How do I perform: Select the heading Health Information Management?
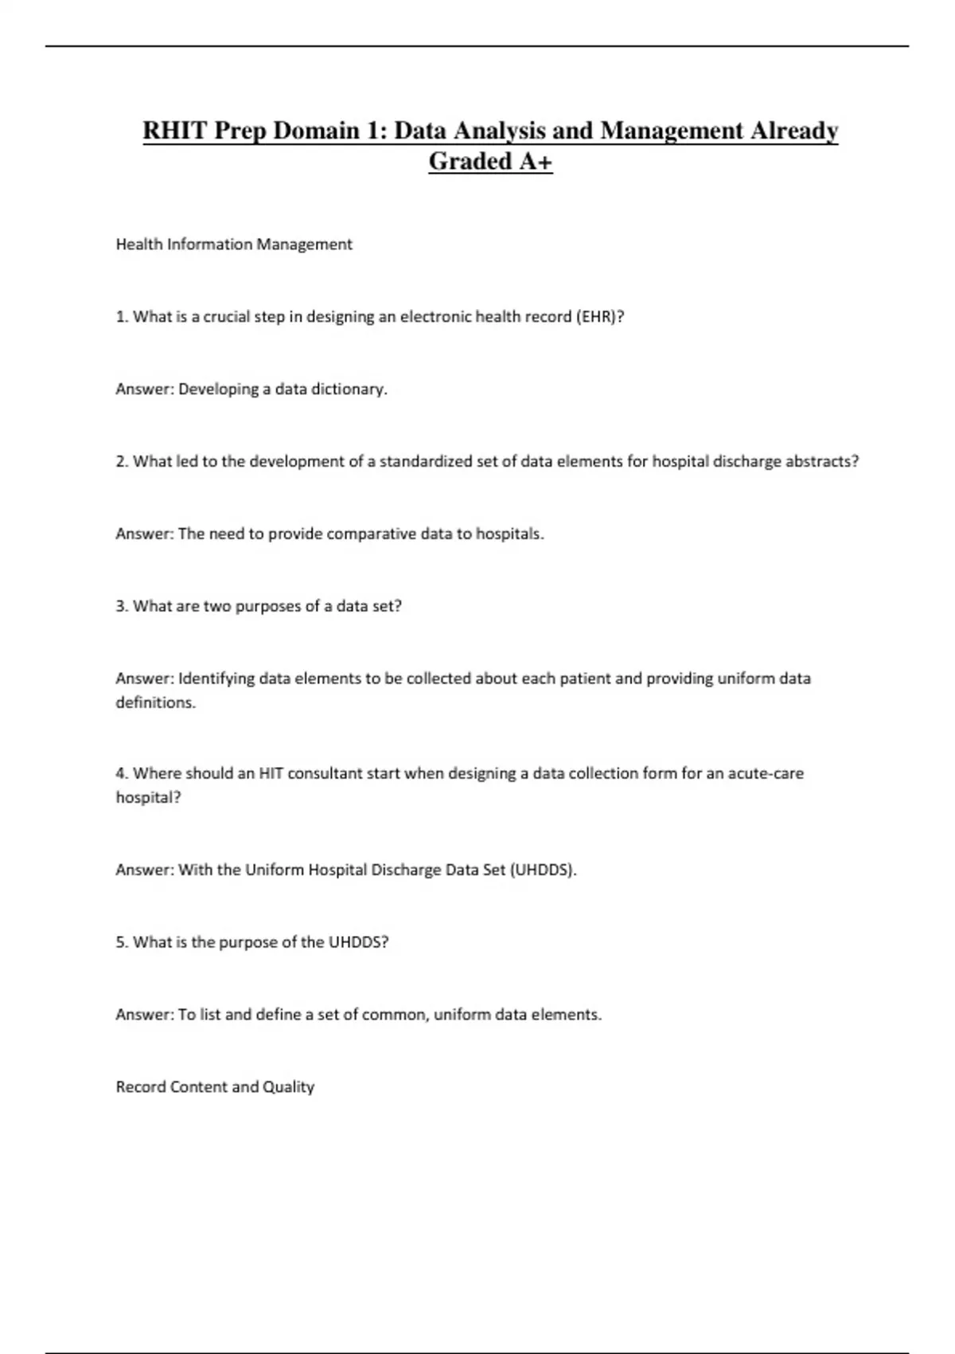(x=234, y=245)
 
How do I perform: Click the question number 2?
(x=122, y=462)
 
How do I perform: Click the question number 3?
(x=122, y=607)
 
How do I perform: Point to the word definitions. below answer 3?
(x=155, y=703)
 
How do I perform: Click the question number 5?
(x=122, y=943)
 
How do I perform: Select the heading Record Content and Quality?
(x=215, y=1087)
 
